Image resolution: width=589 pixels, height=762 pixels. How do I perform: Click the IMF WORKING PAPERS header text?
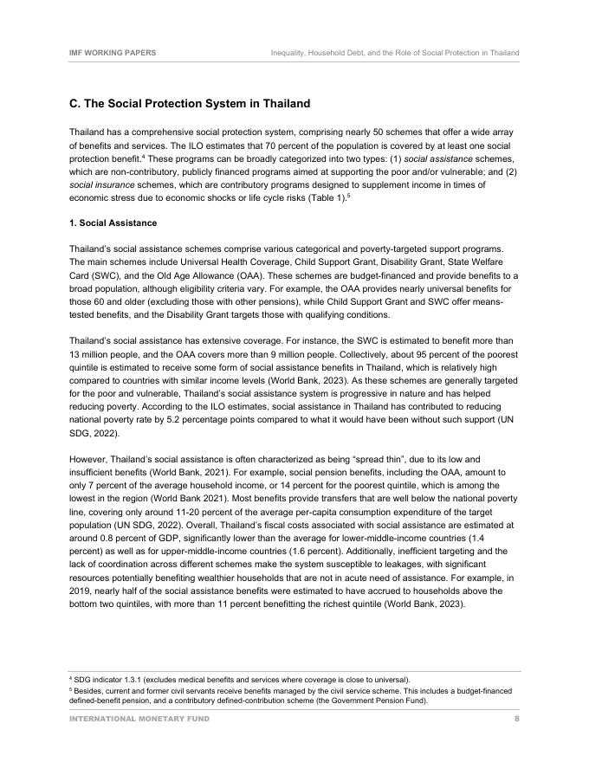pyautogui.click(x=113, y=53)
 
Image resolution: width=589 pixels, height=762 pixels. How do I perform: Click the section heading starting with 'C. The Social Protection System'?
pyautogui.click(x=189, y=104)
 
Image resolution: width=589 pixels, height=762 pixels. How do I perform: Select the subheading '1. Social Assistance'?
pyautogui.click(x=113, y=223)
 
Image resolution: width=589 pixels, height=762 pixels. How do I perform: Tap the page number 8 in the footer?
pyautogui.click(x=516, y=719)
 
